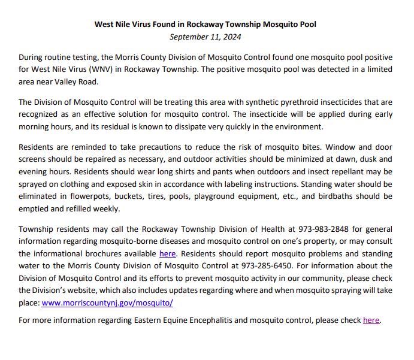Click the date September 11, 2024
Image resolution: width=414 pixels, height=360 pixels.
[x=206, y=37]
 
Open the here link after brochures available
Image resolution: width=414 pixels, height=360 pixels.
[x=167, y=253]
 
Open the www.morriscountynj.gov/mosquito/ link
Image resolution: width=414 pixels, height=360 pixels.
[x=107, y=302]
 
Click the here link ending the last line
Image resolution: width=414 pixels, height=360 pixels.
[x=371, y=320]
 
